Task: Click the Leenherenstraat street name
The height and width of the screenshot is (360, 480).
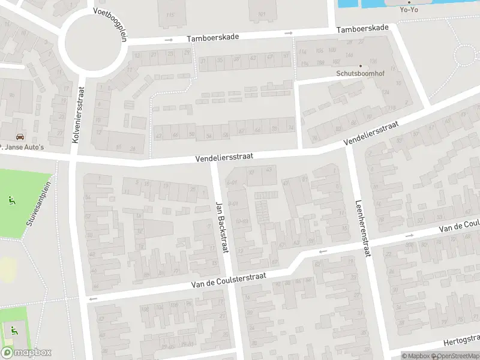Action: (362, 228)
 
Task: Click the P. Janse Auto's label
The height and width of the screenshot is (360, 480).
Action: (22, 147)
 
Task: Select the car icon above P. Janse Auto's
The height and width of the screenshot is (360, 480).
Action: (20, 137)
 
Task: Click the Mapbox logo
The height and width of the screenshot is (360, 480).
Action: (26, 353)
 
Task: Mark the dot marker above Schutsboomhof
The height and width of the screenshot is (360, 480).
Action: (360, 67)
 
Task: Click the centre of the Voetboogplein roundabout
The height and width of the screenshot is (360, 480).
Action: (94, 43)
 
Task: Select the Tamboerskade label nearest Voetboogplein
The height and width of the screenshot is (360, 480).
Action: (212, 37)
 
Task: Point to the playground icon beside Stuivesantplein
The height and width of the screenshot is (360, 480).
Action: (11, 199)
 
